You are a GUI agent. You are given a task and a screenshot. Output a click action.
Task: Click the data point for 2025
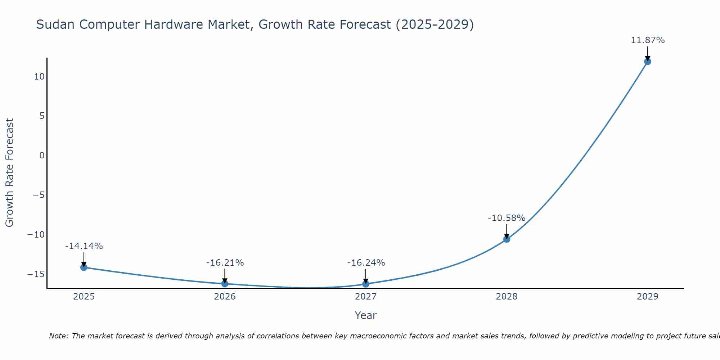[x=84, y=267]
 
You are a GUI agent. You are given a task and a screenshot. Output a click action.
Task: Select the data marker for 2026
[x=225, y=284]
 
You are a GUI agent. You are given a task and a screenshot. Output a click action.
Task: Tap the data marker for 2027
[x=366, y=284]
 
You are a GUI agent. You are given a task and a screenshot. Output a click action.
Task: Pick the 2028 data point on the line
[x=507, y=239]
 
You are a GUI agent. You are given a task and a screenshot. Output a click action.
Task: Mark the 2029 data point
[x=648, y=62]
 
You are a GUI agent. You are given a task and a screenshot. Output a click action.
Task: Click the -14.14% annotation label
[x=84, y=246]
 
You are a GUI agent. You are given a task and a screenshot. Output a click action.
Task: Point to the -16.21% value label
[x=225, y=263]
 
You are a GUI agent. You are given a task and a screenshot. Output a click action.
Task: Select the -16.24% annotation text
[x=366, y=263]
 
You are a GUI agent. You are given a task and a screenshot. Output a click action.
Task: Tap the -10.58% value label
[x=507, y=218]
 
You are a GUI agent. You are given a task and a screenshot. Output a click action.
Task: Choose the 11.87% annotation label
[x=648, y=40]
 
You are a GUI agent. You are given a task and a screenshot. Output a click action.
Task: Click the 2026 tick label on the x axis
[x=225, y=297]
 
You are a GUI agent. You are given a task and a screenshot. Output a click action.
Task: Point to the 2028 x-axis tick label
[x=507, y=297]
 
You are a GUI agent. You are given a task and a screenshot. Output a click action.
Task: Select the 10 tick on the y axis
[x=39, y=77]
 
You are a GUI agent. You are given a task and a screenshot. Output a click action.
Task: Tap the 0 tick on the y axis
[x=42, y=156]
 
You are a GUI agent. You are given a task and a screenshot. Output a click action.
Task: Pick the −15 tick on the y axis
[x=36, y=274]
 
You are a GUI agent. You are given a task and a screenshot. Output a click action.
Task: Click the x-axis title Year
[x=365, y=315]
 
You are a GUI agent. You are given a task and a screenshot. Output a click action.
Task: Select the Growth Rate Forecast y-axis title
[x=9, y=173]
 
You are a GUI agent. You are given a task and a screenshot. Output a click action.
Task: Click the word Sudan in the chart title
[x=56, y=24]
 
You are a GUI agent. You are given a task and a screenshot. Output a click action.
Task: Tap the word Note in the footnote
[x=58, y=336]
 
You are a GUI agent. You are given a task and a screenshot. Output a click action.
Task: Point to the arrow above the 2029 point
[x=648, y=53]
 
